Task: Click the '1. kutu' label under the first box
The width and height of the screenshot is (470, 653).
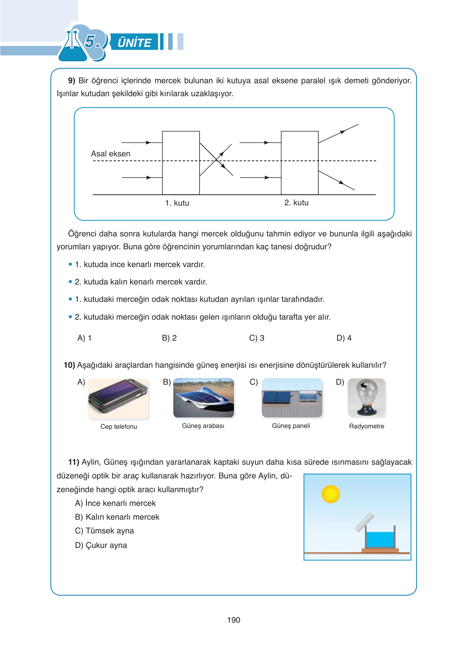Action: tap(177, 203)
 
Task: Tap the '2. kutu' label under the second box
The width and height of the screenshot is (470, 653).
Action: tap(296, 202)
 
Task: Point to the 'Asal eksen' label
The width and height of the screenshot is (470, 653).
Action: tap(111, 154)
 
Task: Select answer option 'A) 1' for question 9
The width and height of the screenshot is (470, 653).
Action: tap(84, 338)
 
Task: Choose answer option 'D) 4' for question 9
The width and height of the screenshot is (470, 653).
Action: tap(344, 338)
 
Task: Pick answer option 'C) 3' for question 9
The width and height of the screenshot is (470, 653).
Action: tap(257, 338)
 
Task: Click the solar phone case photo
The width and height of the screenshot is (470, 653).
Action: tap(118, 399)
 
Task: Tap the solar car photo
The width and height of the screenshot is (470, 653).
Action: tap(204, 398)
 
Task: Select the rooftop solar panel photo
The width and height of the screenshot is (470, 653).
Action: tap(292, 398)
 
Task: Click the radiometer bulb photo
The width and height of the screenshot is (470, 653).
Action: tap(367, 398)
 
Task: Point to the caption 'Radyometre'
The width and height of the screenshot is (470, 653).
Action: tap(367, 426)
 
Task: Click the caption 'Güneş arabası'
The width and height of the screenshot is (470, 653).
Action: tap(203, 426)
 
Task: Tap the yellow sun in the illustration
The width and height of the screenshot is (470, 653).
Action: tap(331, 494)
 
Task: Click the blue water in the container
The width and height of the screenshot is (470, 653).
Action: tap(380, 539)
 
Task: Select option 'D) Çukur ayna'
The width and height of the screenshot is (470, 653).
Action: tap(101, 545)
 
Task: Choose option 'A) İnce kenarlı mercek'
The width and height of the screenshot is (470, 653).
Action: tap(116, 503)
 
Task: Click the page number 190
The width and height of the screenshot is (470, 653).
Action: tap(234, 620)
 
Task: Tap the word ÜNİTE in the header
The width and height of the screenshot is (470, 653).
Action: tap(134, 42)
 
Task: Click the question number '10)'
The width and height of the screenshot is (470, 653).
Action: tap(70, 365)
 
